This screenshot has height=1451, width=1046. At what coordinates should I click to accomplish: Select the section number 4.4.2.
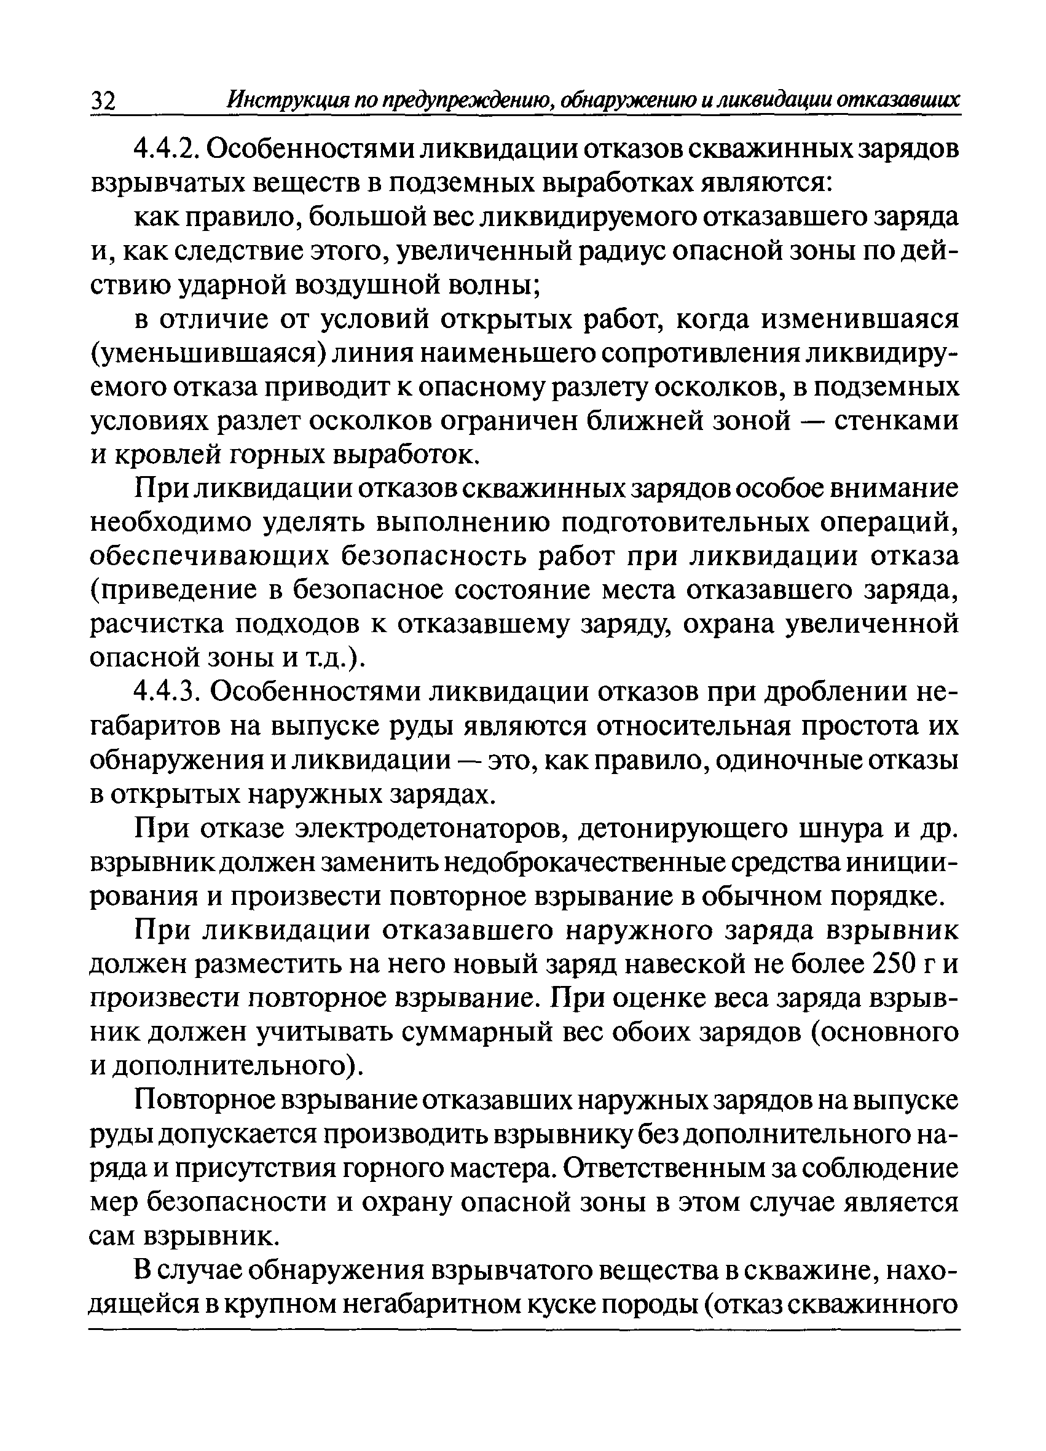pyautogui.click(x=168, y=151)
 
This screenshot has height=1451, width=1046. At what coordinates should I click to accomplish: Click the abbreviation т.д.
pyautogui.click(x=331, y=658)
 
